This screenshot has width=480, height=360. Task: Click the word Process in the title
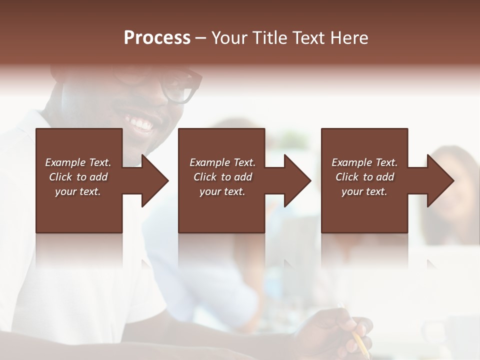tap(157, 37)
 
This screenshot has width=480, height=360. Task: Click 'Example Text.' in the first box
tap(78, 162)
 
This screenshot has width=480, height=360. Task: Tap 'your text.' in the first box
tap(78, 191)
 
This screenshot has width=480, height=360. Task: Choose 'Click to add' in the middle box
tap(222, 177)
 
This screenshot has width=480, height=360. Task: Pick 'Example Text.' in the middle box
tap(222, 162)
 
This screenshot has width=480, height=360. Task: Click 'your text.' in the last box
tap(364, 191)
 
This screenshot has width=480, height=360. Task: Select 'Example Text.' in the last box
tap(364, 162)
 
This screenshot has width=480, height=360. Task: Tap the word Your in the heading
tap(229, 37)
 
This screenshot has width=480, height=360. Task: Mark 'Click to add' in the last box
tap(364, 177)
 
